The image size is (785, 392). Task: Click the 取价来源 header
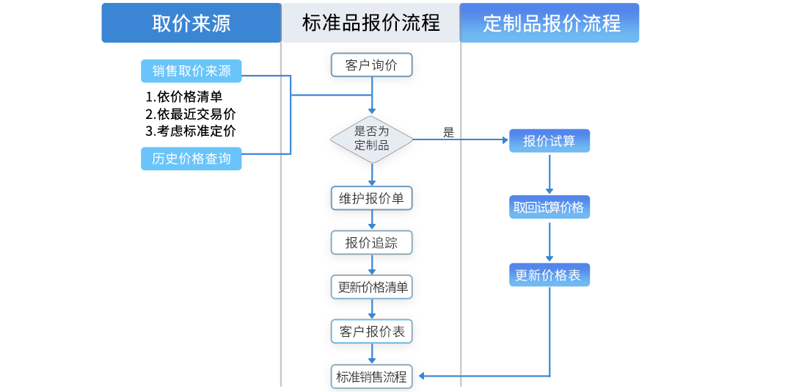[191, 23]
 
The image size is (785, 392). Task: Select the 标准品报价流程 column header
[370, 23]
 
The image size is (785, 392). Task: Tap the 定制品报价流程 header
[551, 23]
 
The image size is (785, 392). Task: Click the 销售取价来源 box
[191, 71]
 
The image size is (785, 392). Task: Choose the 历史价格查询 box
[191, 159]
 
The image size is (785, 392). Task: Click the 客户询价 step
[371, 65]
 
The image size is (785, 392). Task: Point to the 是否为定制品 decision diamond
[371, 138]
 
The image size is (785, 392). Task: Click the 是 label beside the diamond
[448, 133]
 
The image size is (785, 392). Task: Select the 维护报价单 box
[371, 199]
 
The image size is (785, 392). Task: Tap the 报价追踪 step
[371, 243]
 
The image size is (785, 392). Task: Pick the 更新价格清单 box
[372, 288]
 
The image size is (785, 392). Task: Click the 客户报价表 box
[372, 332]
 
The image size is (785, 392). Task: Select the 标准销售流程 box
[371, 377]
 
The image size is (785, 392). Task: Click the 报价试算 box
[549, 141]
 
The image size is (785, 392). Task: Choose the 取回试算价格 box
[549, 208]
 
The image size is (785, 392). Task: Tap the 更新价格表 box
[549, 275]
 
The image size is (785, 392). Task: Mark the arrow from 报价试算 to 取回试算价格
[549, 174]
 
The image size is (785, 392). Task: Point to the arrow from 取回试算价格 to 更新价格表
[549, 242]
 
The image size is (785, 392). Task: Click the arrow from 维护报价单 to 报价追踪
[372, 220]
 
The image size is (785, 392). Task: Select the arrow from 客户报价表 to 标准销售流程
[372, 354]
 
